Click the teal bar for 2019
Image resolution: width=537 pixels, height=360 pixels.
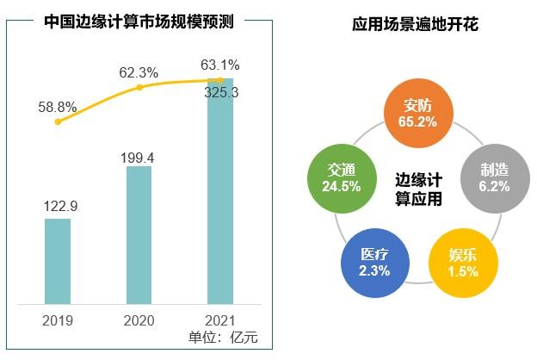tap(58, 261)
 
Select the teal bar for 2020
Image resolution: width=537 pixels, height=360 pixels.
tap(139, 234)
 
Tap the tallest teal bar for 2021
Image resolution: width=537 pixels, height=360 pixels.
tap(220, 191)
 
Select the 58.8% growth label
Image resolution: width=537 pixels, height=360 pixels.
tap(58, 108)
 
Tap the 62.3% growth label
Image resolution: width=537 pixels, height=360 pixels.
tap(139, 73)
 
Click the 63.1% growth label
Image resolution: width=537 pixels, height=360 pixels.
tap(222, 65)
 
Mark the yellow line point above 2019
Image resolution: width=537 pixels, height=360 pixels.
tap(58, 122)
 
